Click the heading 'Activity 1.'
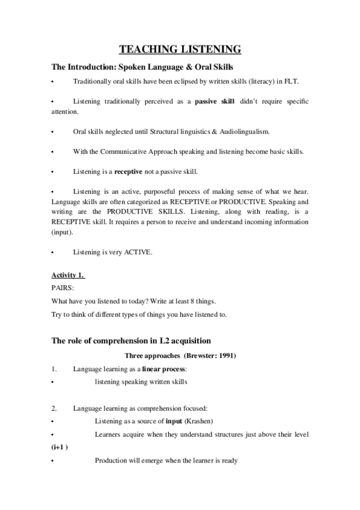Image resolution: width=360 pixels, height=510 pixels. pos(68,276)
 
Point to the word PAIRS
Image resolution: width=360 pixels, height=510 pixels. pos(63,288)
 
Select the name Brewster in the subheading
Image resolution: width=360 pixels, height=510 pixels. pos(192,356)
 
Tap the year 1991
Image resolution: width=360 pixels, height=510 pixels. pos(225,356)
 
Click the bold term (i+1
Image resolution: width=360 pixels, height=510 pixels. pos(59,447)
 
